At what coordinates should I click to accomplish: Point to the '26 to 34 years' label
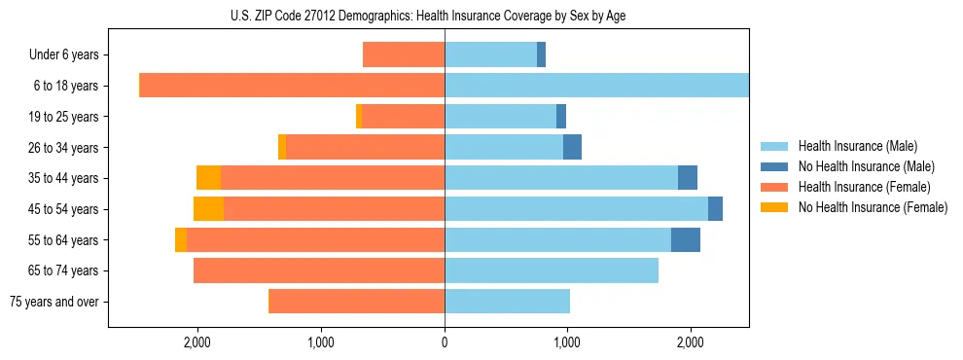[63, 148]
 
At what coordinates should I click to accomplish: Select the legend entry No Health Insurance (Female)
[873, 207]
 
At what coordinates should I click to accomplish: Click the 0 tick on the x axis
[445, 342]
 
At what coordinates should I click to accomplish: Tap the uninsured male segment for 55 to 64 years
[685, 239]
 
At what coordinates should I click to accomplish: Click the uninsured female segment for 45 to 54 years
[208, 208]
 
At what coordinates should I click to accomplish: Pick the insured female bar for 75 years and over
[356, 302]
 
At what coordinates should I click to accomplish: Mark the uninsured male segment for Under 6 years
[541, 55]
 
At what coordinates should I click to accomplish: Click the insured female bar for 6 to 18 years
[292, 86]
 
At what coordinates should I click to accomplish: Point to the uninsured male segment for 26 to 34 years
[572, 147]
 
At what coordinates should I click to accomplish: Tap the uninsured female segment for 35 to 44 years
[208, 178]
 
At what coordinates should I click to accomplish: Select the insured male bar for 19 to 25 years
[500, 117]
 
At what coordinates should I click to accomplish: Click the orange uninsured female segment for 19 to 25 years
[359, 117]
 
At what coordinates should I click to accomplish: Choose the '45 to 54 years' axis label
[63, 209]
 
